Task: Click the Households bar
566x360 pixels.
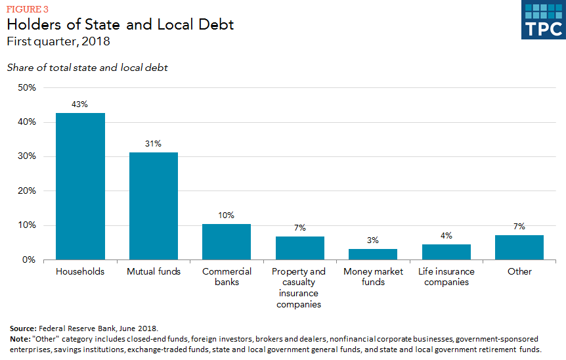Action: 80,187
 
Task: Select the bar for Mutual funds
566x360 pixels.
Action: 153,206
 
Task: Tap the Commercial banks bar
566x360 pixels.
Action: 227,242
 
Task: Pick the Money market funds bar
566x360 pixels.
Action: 373,254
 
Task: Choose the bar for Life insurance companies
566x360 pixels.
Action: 446,252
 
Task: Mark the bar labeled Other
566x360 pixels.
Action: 519,247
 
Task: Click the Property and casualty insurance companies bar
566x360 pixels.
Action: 300,248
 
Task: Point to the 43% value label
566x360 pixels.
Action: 80,104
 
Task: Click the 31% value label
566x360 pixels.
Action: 153,144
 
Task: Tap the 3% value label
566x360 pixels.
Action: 373,240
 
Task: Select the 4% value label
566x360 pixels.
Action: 446,236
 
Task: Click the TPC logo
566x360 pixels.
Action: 543,20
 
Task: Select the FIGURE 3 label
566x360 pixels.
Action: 28,9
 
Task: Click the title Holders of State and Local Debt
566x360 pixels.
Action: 120,25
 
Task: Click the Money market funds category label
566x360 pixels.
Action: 373,277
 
